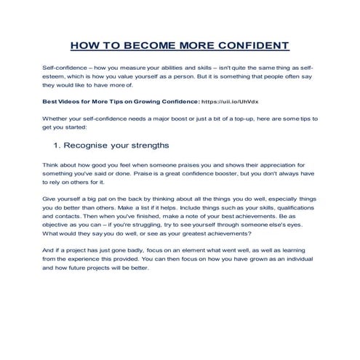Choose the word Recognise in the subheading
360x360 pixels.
click(86, 144)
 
